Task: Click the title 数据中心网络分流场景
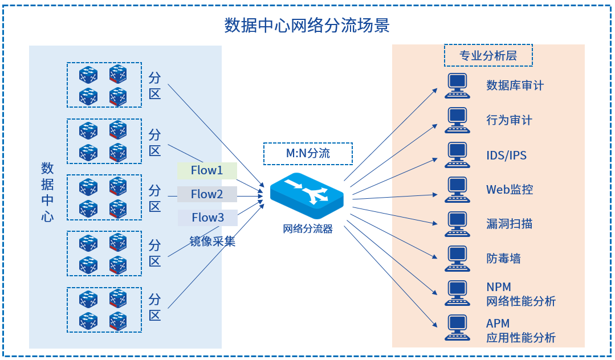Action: [307, 26]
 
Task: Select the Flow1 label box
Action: [207, 170]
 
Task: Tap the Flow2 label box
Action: [207, 194]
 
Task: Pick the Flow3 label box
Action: [207, 218]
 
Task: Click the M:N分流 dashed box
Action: [308, 153]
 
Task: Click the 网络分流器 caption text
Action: [308, 230]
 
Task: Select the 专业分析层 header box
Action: [488, 56]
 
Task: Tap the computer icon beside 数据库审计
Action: [457, 85]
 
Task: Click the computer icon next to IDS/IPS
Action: [457, 155]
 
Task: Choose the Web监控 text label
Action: [510, 190]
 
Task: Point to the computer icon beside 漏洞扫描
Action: [457, 224]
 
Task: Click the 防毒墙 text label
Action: [503, 259]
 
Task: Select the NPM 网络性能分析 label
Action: [520, 294]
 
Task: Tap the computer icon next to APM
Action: [457, 328]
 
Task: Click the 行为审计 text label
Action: [509, 120]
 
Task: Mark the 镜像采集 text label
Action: [213, 241]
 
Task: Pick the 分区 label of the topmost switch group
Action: [155, 85]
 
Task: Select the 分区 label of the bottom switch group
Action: [155, 307]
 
